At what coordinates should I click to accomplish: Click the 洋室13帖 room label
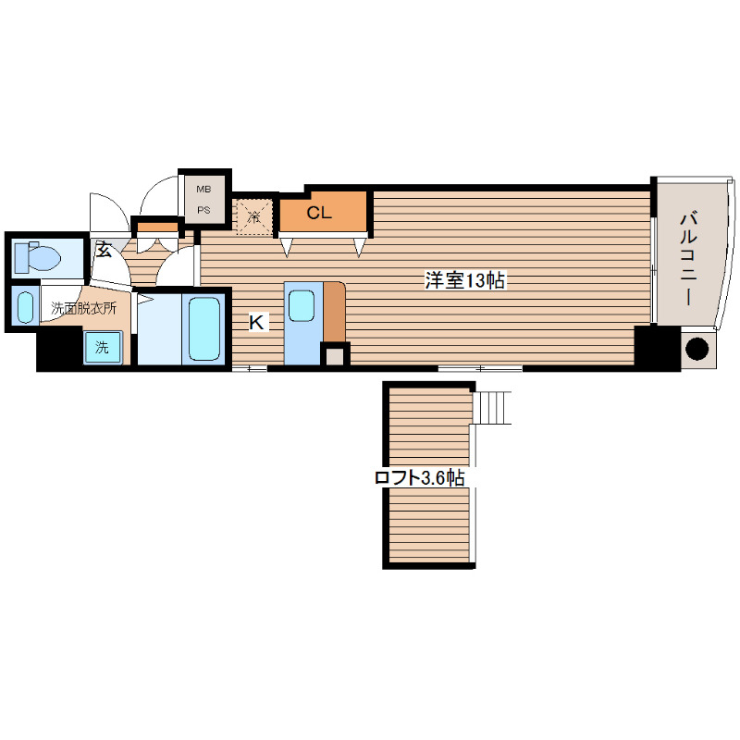click(465, 280)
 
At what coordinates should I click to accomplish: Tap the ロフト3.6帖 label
click(420, 477)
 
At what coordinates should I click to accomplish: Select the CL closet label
click(319, 213)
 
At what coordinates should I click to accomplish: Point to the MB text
click(203, 190)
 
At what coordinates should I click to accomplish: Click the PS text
click(203, 210)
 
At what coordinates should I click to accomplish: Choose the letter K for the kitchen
click(257, 323)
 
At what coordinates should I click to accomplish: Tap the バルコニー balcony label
click(689, 259)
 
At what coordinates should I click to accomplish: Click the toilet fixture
click(38, 258)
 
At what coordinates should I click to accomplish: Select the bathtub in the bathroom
click(203, 328)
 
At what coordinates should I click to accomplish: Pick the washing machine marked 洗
click(103, 348)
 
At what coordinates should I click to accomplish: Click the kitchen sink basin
click(302, 306)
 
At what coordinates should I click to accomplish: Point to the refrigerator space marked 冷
click(254, 216)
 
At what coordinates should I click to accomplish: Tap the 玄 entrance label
click(104, 249)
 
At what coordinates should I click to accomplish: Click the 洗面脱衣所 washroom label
click(83, 309)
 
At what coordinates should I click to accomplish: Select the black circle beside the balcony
click(697, 350)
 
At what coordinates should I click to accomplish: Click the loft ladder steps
click(493, 407)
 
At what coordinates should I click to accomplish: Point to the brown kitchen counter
click(334, 312)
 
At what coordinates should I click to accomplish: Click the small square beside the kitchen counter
click(335, 356)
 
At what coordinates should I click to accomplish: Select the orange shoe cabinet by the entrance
click(157, 227)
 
